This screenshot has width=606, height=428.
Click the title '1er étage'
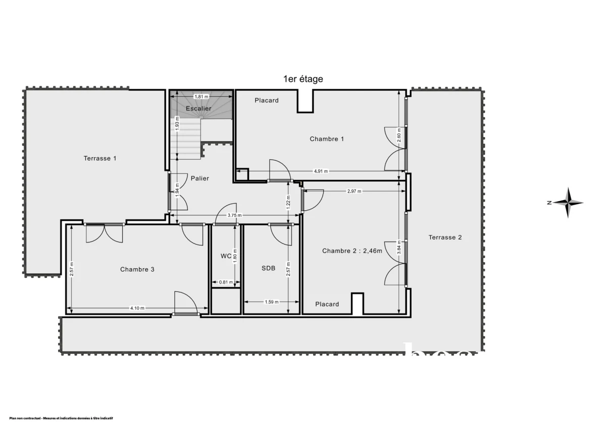[302, 79]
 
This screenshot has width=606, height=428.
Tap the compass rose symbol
[568, 203]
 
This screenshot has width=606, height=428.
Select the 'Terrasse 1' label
[100, 158]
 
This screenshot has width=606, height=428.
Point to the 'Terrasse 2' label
[445, 237]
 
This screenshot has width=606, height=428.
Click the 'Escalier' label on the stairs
[198, 108]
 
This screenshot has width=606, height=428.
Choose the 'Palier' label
[200, 178]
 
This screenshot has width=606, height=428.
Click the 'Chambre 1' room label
[327, 139]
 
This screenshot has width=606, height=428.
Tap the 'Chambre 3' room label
[137, 269]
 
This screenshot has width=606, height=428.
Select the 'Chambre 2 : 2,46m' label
[352, 251]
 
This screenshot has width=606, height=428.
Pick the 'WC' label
[226, 256]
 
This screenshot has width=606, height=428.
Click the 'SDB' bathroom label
[268, 269]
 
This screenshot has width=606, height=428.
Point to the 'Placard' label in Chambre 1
[266, 100]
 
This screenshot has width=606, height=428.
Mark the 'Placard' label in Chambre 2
[327, 304]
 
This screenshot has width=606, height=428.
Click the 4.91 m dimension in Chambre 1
[321, 171]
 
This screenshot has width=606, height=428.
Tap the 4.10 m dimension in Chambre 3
[137, 308]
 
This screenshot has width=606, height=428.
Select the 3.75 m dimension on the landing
[234, 216]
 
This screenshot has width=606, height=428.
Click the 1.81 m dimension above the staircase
[201, 96]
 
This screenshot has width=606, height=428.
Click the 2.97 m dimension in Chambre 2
[355, 191]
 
